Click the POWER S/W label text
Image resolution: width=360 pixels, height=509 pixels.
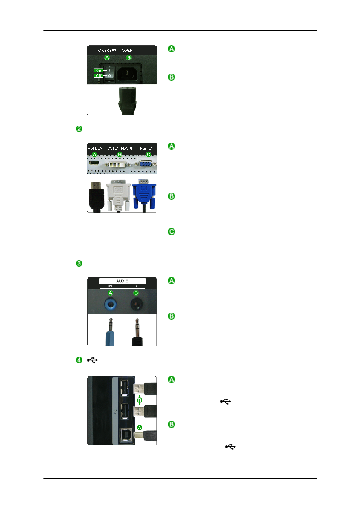(x=106, y=50)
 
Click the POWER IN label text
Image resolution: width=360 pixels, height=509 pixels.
(x=128, y=50)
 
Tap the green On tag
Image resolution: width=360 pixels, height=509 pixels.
(x=98, y=71)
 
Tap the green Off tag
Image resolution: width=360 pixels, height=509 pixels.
(x=98, y=75)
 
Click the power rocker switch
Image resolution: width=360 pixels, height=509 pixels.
(x=109, y=74)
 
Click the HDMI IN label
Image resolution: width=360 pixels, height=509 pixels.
(x=95, y=149)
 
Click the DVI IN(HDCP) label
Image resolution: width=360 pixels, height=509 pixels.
(x=120, y=149)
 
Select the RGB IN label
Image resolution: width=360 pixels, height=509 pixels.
(x=147, y=149)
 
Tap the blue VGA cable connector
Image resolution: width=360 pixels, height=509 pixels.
(x=144, y=194)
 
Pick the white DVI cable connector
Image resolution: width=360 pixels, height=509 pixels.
(x=118, y=195)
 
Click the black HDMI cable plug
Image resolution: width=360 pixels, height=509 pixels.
(x=97, y=197)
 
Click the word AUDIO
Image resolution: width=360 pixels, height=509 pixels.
(x=122, y=281)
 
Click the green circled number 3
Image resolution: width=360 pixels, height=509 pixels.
(x=79, y=264)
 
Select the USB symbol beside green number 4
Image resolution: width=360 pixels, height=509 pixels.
(x=92, y=360)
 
